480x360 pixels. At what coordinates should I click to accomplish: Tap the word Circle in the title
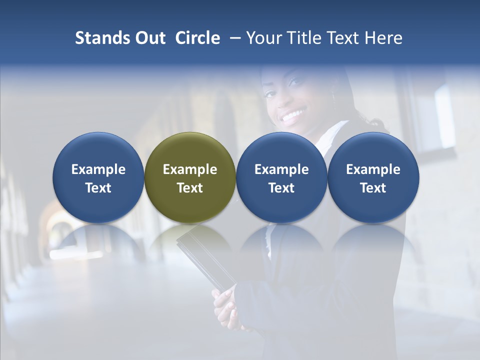coord(197,38)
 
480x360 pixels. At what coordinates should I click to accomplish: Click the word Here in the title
coord(383,38)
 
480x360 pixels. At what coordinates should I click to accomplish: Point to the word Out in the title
coord(148,38)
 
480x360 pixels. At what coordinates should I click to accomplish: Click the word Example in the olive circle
coord(190,169)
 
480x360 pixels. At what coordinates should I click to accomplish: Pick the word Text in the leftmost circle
coord(98,188)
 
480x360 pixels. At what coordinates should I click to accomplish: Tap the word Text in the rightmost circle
coord(373,188)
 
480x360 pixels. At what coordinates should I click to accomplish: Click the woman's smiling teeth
coord(292,117)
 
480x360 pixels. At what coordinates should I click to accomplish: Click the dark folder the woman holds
coord(202,255)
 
